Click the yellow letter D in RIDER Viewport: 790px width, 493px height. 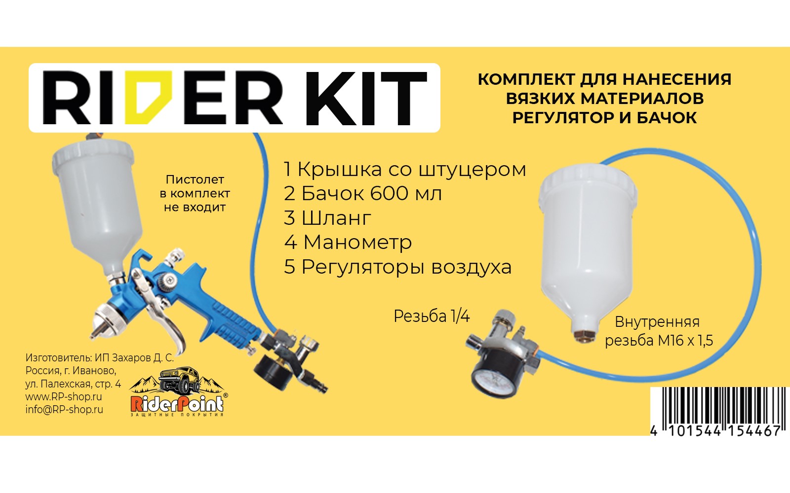(147, 97)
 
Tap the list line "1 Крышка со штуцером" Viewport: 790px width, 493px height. (404, 170)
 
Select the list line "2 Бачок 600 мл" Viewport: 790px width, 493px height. (362, 194)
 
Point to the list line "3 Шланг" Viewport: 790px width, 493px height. (327, 218)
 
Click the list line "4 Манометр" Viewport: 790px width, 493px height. (348, 242)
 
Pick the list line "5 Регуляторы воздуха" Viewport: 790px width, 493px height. (397, 267)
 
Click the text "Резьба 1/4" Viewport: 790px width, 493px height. (431, 316)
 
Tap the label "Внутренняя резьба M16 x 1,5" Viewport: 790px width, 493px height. (658, 331)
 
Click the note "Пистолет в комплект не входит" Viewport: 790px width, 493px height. (195, 193)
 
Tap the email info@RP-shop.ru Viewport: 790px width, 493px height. (64, 409)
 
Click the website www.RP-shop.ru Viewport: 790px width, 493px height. (64, 396)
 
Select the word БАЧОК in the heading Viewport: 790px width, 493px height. (667, 118)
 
